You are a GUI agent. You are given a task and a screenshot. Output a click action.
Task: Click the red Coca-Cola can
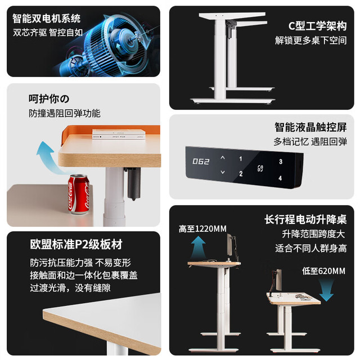[78, 194]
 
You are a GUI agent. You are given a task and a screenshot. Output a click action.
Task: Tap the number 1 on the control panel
[240, 159]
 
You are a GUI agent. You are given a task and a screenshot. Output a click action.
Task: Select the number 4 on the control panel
[280, 178]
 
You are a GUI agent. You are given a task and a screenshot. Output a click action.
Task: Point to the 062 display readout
[201, 161]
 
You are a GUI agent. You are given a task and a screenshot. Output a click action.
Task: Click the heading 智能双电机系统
[46, 19]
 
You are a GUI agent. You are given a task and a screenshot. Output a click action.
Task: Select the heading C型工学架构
[317, 26]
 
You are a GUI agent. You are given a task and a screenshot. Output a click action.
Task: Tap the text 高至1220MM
[202, 229]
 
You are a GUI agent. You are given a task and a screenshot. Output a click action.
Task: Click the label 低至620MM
[323, 271]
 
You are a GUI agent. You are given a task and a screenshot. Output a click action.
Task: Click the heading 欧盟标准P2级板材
[76, 244]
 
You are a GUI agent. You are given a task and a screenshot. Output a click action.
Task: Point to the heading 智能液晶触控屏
[310, 127]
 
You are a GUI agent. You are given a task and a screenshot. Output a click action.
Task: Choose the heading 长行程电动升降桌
[305, 219]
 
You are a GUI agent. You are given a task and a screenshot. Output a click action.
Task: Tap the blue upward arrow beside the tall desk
[198, 248]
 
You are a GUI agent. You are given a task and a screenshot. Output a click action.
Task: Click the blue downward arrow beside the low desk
[326, 290]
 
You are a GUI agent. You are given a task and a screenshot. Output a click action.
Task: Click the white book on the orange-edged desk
[119, 134]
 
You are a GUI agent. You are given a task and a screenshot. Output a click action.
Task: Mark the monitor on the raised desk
[230, 245]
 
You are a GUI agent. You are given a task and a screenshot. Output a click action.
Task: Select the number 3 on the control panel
[281, 161]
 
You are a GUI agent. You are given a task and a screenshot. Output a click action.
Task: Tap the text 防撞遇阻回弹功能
[65, 114]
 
